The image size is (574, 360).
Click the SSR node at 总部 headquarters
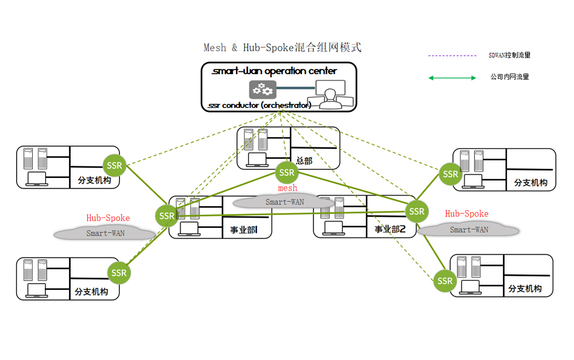(x=286, y=172)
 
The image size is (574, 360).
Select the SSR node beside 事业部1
(x=167, y=216)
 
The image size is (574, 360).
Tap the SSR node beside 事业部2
(x=417, y=211)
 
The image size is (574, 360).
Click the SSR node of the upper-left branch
(x=115, y=166)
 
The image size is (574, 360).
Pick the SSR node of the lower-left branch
(x=119, y=273)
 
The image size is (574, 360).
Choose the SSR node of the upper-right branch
(x=451, y=174)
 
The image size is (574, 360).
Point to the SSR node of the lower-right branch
(x=445, y=281)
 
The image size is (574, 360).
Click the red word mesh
(x=288, y=188)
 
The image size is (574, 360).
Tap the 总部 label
(x=304, y=161)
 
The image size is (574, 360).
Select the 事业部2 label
(x=390, y=229)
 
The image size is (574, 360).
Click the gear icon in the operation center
(x=262, y=90)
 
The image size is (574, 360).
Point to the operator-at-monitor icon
(x=329, y=95)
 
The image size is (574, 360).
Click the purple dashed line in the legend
(x=452, y=56)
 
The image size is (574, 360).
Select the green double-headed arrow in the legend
(x=452, y=78)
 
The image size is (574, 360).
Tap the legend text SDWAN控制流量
(x=509, y=56)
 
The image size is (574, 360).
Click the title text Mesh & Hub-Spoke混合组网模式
(x=282, y=48)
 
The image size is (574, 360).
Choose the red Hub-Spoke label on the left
(x=108, y=218)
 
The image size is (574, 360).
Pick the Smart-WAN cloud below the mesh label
(x=285, y=202)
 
